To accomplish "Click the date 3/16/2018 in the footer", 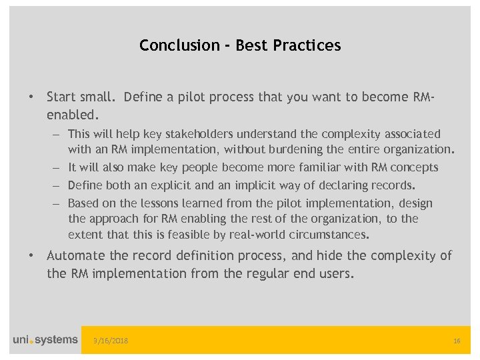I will pos(111,341).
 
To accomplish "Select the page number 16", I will pos(457,341).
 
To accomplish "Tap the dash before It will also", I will pos(57,167).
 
